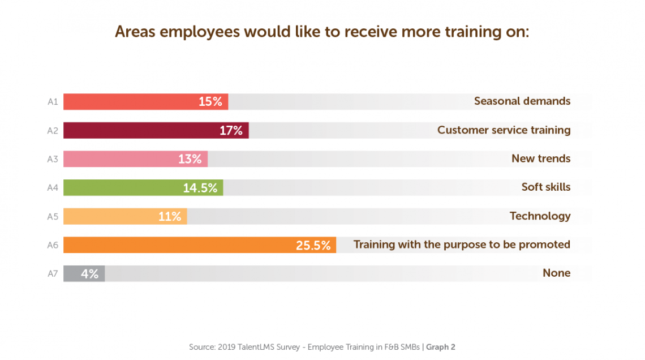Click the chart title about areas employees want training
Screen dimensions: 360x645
tap(321, 32)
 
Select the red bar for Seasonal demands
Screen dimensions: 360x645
tap(130, 102)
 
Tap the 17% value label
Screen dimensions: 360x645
tap(231, 131)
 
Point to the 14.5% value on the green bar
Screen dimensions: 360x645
tap(200, 188)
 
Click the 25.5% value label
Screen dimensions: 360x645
tap(313, 245)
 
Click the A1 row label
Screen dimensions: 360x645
tap(53, 102)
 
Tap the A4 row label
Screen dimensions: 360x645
tap(53, 188)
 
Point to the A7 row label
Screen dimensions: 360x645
tap(53, 274)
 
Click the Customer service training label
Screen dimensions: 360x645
tap(504, 130)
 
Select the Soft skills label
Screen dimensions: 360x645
tap(545, 187)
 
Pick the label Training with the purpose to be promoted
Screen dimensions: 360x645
tap(462, 245)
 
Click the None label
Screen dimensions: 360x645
tap(556, 273)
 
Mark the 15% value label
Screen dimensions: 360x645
tap(210, 102)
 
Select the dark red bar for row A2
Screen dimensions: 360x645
tap(141, 131)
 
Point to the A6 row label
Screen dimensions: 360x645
tap(53, 245)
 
